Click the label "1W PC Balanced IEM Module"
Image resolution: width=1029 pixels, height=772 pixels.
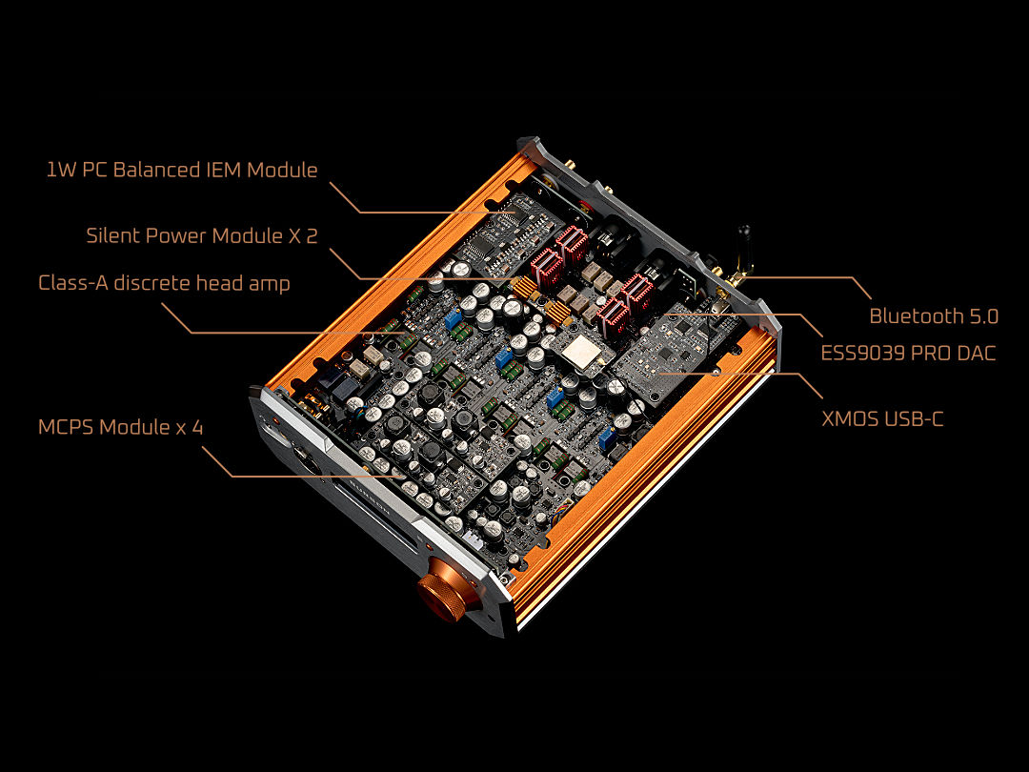(x=182, y=170)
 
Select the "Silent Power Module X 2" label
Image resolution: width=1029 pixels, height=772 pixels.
(x=202, y=235)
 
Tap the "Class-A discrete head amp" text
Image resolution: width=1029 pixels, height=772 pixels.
(x=164, y=283)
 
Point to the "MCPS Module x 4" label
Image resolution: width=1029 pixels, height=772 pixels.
(x=121, y=427)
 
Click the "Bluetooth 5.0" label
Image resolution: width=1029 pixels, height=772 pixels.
(x=934, y=316)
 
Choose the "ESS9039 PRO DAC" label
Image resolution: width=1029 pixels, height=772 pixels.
(x=908, y=354)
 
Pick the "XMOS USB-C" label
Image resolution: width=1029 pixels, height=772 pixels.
(x=882, y=418)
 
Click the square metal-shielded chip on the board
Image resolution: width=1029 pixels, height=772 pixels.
(x=580, y=352)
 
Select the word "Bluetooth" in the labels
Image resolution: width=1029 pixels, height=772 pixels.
(x=916, y=316)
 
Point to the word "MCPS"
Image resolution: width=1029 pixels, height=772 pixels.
(x=67, y=427)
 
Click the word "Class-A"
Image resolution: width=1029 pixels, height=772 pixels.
(x=72, y=283)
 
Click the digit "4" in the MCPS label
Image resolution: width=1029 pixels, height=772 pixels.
(x=197, y=427)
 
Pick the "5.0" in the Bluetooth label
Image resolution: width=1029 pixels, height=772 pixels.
(x=983, y=316)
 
